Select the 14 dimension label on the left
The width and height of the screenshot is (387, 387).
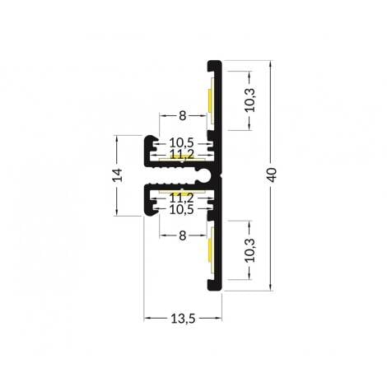coord(117,175)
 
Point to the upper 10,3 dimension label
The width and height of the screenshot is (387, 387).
coord(250,100)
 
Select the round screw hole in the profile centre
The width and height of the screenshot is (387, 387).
coord(203,175)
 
